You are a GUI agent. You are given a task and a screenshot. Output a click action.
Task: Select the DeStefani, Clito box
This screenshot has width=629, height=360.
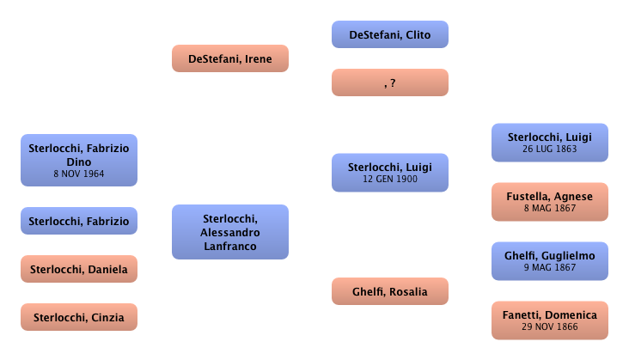[x=390, y=35]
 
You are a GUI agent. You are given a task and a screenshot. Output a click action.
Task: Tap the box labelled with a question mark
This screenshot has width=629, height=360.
[x=390, y=82]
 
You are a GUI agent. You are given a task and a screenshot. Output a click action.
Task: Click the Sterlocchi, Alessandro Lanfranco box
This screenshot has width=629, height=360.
[x=229, y=231]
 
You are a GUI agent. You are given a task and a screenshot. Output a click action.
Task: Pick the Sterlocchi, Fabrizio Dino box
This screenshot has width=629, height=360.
[x=79, y=159]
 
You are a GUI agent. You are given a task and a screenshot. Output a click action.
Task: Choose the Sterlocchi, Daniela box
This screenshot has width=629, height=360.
[x=79, y=269]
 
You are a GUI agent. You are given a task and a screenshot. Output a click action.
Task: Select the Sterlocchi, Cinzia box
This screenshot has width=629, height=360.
[x=79, y=317]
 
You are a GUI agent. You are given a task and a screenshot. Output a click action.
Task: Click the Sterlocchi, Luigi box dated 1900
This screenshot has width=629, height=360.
[x=390, y=173]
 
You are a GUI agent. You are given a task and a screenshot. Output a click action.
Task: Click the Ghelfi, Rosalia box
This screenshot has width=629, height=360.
[x=390, y=292]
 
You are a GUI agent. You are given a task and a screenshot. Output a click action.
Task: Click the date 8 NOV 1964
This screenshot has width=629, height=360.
[x=79, y=174]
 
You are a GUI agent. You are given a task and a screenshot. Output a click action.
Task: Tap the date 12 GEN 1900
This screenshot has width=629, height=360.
[x=390, y=179]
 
